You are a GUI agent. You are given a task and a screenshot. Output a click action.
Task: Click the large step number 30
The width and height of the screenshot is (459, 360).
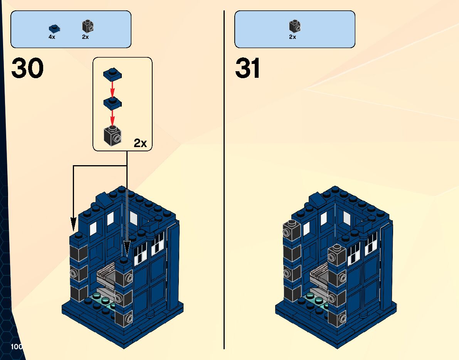27,69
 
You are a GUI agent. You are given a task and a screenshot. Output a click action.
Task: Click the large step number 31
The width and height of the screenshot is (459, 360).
247,69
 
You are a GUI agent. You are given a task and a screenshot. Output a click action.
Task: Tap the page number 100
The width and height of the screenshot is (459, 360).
17,347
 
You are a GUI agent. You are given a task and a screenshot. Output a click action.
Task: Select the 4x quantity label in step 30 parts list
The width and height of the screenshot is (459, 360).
52,37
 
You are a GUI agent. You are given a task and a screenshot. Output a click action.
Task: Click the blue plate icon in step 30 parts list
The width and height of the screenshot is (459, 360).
54,28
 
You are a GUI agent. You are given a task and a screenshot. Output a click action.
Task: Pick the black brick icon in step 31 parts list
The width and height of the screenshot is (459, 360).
295,26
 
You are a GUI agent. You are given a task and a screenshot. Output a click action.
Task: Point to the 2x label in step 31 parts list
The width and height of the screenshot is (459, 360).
293,37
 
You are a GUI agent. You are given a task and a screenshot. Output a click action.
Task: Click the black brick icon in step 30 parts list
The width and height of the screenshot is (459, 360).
87,26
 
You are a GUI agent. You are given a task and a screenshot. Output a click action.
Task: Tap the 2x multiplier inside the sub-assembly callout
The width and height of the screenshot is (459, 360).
140,143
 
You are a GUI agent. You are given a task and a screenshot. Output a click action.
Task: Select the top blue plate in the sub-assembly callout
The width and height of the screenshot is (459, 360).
112,73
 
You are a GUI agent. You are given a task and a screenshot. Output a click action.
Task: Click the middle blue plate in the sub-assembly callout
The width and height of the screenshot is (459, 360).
112,102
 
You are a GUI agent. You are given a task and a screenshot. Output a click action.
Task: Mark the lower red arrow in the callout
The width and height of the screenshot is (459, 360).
112,117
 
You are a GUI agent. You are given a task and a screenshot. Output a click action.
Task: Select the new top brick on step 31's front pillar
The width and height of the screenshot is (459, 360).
337,255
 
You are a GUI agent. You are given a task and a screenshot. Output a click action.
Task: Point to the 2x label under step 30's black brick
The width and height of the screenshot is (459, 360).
85,37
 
